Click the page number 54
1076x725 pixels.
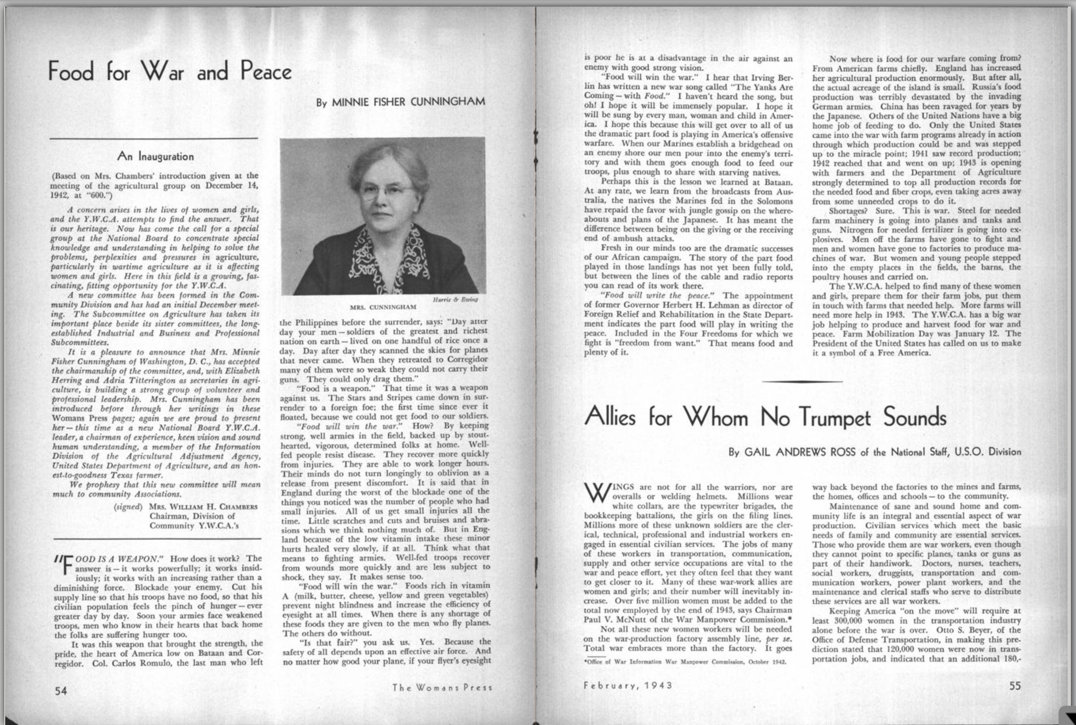61,691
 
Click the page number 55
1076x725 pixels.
1015,686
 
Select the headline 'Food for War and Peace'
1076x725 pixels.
169,72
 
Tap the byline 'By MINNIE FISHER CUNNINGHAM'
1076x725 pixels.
400,102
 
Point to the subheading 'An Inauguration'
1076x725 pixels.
155,156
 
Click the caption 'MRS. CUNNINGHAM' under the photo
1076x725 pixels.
383,307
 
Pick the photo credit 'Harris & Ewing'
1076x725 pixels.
455,300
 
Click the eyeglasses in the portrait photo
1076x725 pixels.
386,190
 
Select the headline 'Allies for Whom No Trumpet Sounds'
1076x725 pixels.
764,417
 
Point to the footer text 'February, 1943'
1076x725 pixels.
628,685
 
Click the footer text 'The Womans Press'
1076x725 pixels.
442,688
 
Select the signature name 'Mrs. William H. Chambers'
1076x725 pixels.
203,507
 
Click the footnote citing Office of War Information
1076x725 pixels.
685,662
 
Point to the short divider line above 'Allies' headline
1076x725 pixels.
802,381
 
